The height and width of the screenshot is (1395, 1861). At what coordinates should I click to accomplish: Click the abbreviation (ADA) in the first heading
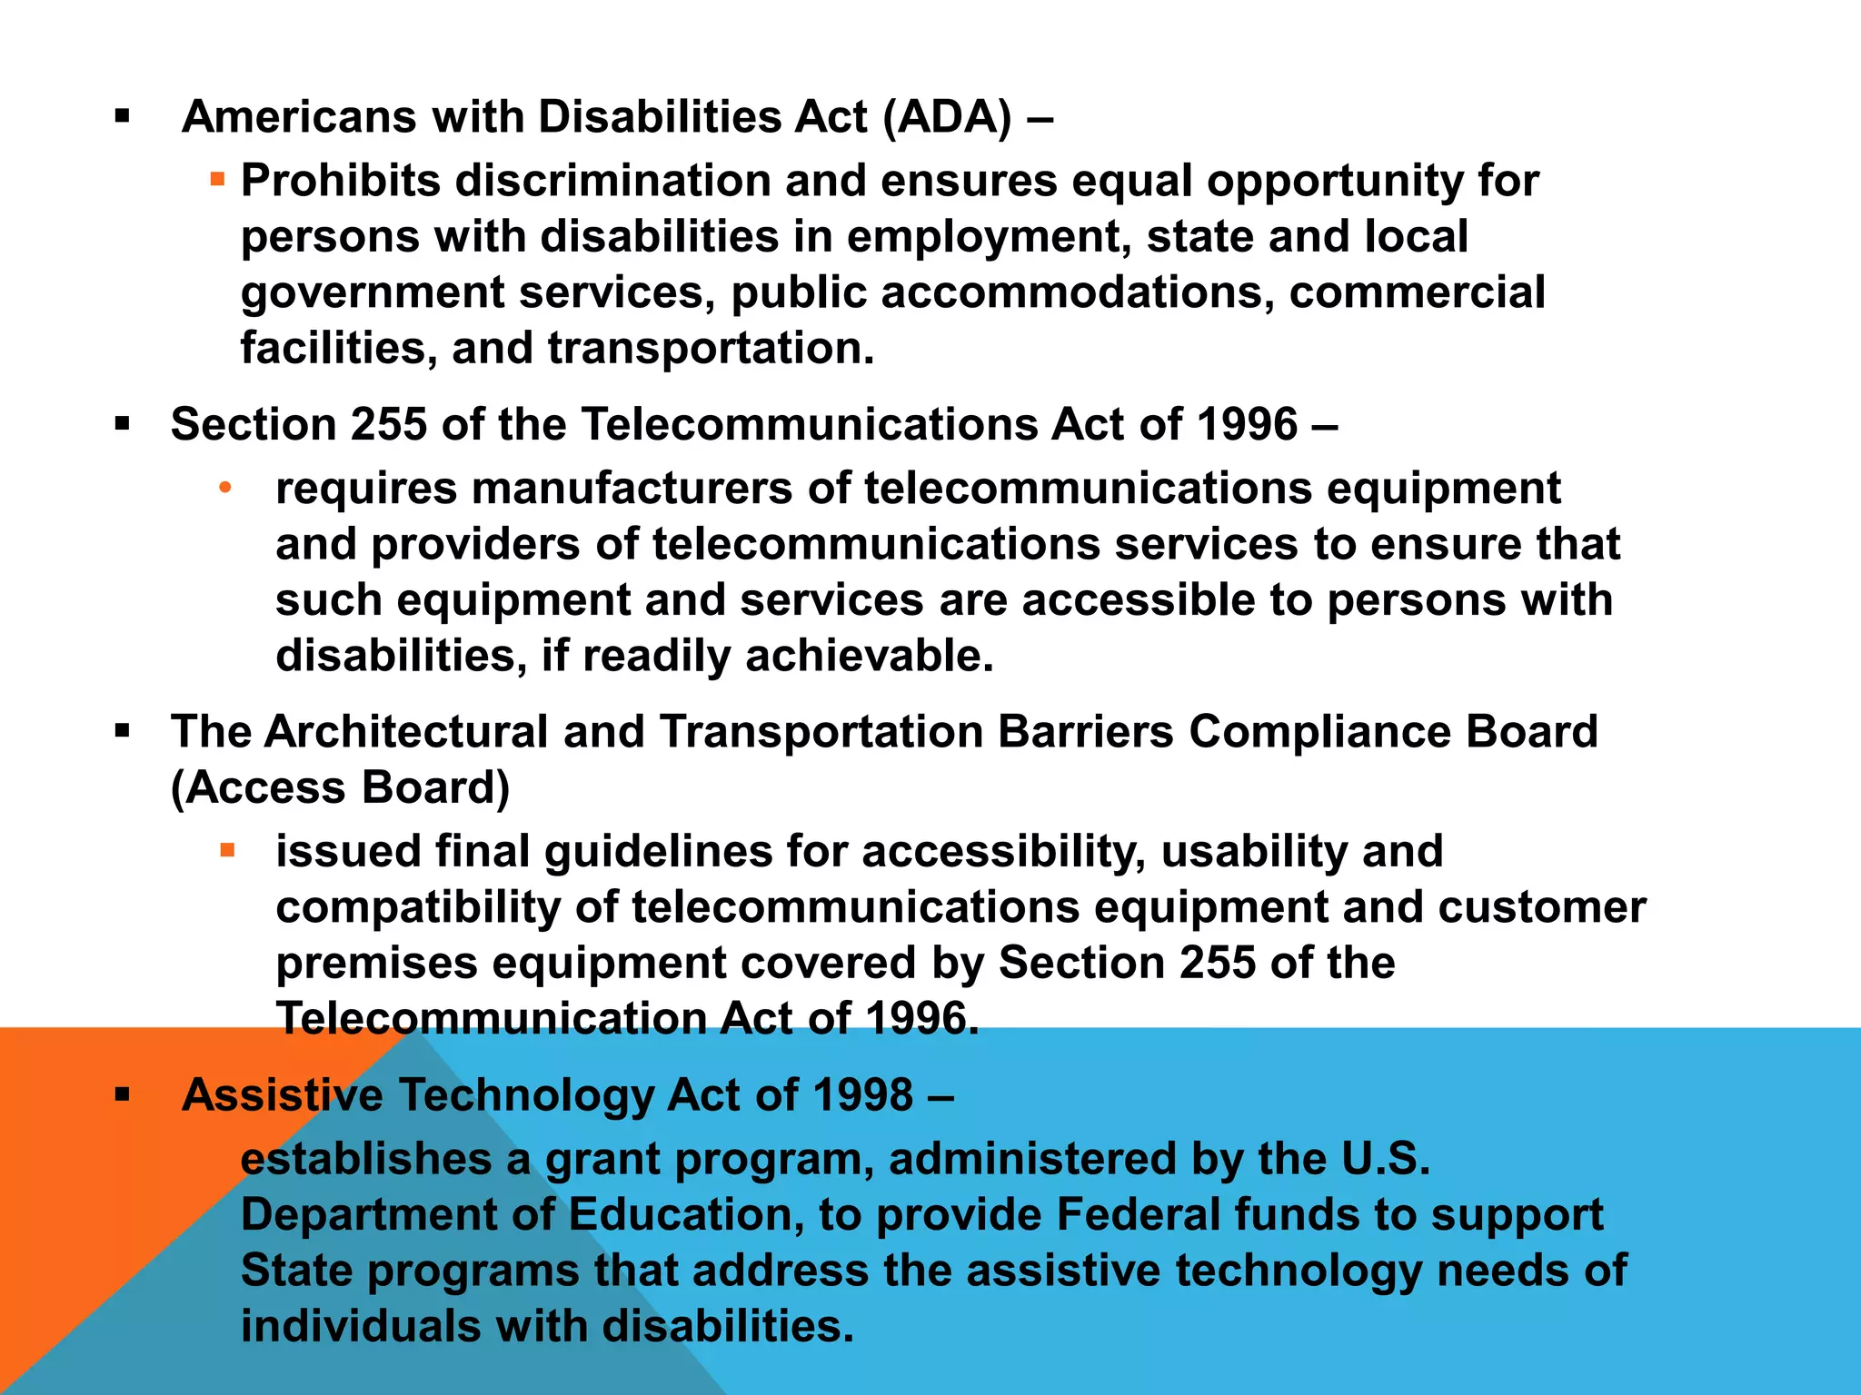(947, 117)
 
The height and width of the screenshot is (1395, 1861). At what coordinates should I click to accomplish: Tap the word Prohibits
(341, 181)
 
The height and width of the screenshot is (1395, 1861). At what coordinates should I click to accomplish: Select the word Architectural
(406, 732)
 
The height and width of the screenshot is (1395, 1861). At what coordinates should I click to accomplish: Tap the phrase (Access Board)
(341, 787)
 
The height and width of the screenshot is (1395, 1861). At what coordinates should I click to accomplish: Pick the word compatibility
(431, 907)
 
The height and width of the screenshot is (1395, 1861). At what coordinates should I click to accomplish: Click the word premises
(376, 963)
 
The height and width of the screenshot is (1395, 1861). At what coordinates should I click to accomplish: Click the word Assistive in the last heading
(283, 1095)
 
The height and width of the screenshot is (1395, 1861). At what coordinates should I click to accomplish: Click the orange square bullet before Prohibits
(217, 179)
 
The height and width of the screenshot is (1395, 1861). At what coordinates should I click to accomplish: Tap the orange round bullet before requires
(225, 489)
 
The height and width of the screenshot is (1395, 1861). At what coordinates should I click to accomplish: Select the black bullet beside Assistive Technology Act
(123, 1094)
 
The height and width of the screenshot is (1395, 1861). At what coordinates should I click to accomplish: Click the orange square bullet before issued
(227, 851)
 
